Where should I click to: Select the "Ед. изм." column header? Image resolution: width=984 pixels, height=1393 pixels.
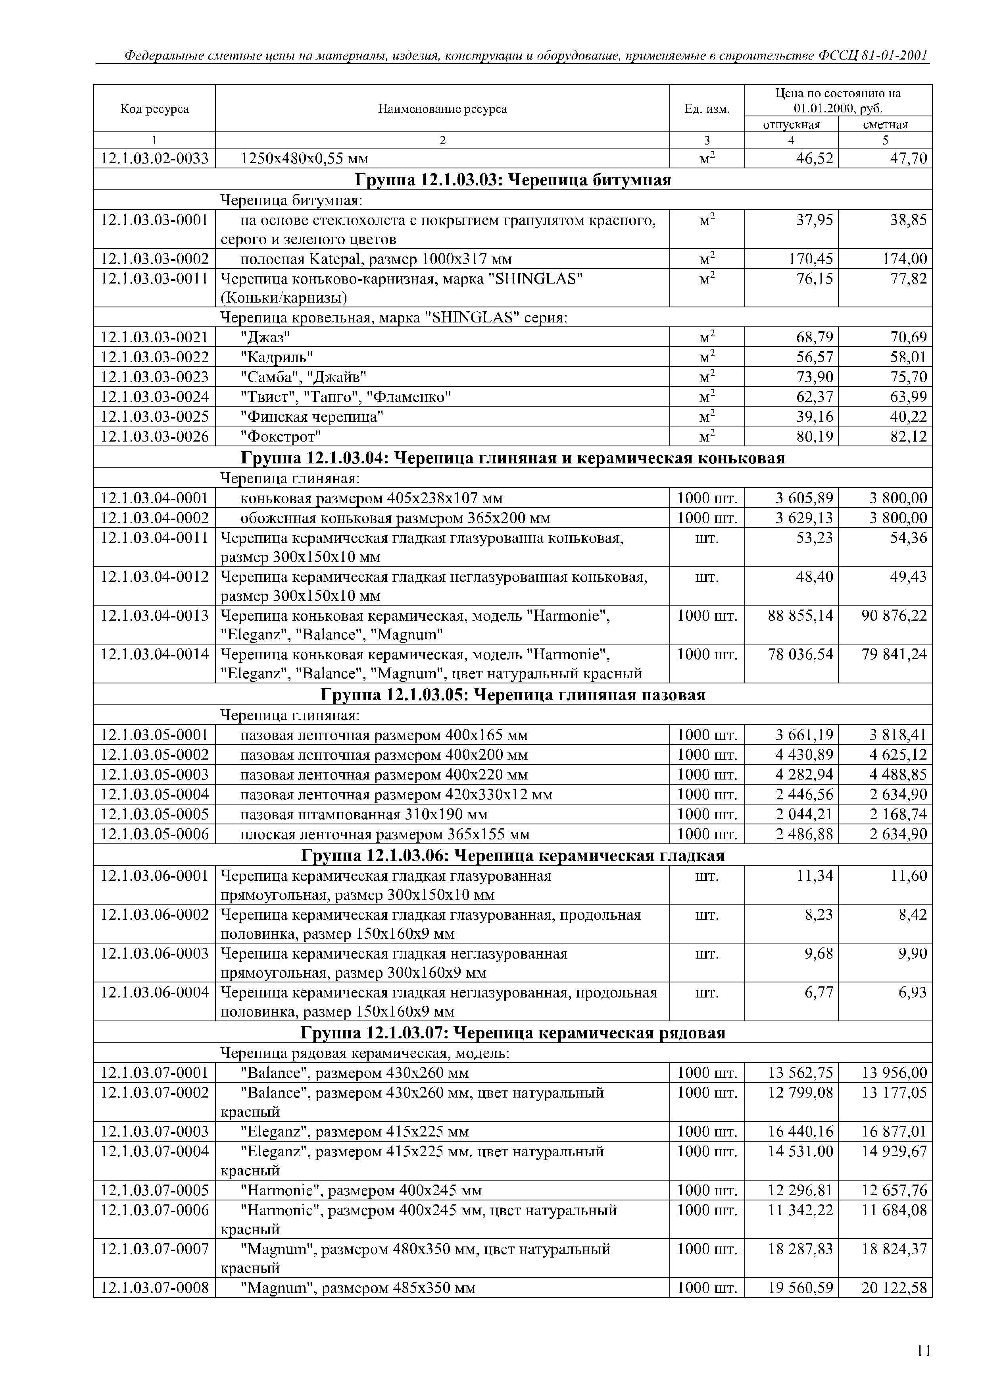(x=707, y=109)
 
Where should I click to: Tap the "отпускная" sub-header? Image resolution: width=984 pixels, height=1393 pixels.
(x=791, y=124)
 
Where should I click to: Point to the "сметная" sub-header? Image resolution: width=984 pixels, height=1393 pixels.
(x=885, y=124)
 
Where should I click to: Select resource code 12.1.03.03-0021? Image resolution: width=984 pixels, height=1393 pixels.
(x=155, y=337)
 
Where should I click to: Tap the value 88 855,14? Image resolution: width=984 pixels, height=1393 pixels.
(x=800, y=616)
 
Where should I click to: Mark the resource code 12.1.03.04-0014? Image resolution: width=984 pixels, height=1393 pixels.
(x=155, y=655)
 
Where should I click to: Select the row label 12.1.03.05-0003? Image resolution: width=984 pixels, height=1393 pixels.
(x=155, y=775)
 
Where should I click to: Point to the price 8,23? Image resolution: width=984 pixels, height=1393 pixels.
(x=819, y=915)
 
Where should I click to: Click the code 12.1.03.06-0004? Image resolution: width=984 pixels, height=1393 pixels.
(x=155, y=993)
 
